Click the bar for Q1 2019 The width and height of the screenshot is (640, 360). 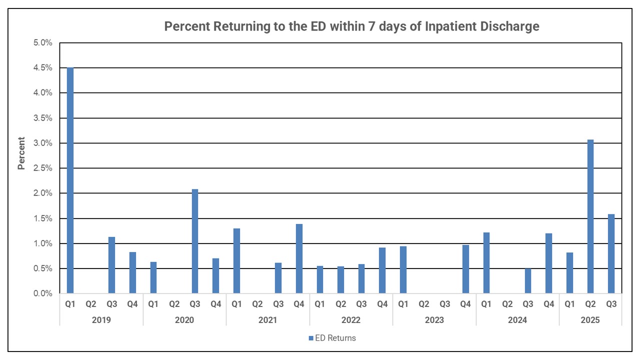point(70,180)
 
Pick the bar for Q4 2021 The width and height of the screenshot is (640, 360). point(299,258)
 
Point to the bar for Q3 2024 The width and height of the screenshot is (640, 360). point(528,281)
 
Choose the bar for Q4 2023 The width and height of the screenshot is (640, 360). point(465,269)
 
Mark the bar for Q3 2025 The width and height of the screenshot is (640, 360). point(611,253)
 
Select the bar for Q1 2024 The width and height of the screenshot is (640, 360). point(486,263)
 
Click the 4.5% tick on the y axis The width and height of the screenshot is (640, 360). point(42,68)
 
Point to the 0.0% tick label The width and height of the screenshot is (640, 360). point(42,293)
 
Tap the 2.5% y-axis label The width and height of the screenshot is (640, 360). point(42,168)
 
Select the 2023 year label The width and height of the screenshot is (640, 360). point(434,320)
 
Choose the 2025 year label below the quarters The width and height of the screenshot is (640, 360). point(590,320)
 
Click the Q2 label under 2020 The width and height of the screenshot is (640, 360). point(174,303)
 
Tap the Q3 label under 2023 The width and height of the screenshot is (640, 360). point(445,303)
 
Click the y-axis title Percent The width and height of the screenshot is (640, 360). point(21,153)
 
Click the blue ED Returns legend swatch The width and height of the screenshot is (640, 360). point(310,338)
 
